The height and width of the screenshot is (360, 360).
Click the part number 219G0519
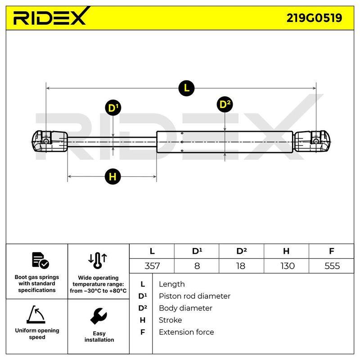click(x=314, y=18)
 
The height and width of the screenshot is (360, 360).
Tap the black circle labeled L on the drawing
click(x=186, y=88)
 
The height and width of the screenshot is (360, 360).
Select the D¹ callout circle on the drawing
click(x=113, y=108)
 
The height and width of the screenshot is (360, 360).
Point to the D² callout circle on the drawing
click(x=225, y=104)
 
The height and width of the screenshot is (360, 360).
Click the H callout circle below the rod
click(x=112, y=176)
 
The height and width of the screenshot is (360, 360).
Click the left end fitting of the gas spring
click(x=49, y=141)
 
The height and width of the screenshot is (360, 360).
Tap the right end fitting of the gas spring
click(x=312, y=142)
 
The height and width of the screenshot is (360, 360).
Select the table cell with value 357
click(x=152, y=266)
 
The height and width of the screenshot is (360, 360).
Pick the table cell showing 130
click(x=286, y=266)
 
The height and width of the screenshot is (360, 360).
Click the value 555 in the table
click(x=332, y=266)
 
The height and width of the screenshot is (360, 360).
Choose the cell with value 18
click(x=242, y=266)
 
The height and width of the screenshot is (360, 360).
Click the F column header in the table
click(x=331, y=251)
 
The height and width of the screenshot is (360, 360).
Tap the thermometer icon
click(x=98, y=261)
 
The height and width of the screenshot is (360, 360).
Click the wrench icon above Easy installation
click(x=99, y=316)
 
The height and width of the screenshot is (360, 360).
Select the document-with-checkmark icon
click(x=40, y=261)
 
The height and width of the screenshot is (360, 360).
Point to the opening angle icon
click(x=36, y=314)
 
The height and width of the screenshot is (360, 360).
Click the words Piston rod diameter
click(x=194, y=296)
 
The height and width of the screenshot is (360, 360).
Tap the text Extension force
click(x=186, y=332)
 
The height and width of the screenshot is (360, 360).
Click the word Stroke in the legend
click(x=171, y=320)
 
